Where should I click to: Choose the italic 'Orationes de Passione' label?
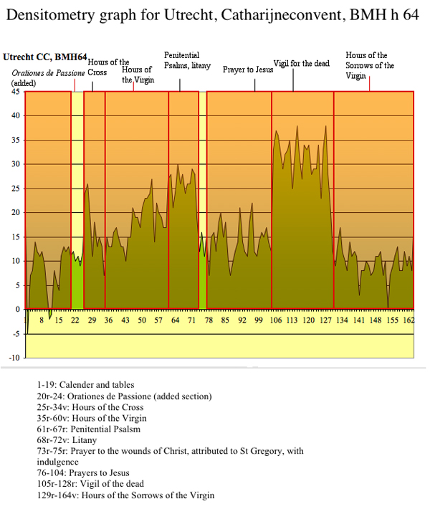[48, 74]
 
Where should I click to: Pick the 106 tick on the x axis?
[276, 320]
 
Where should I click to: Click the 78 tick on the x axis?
[209, 320]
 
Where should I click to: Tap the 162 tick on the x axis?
[408, 320]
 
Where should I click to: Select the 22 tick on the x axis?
[75, 320]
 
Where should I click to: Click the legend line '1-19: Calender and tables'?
[85, 385]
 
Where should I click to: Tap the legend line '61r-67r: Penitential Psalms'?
[89, 429]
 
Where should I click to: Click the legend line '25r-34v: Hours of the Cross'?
[90, 407]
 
